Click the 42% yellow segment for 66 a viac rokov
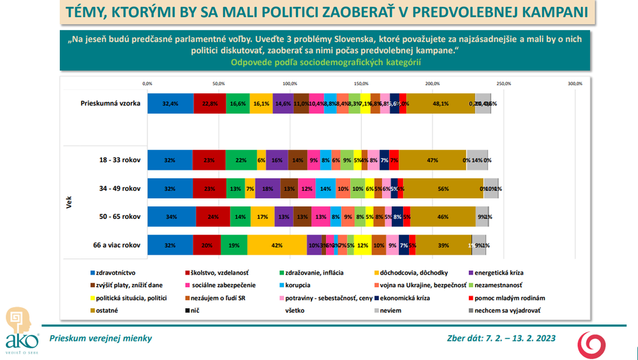click(x=277, y=245)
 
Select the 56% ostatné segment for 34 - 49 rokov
click(x=443, y=189)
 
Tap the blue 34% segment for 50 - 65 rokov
click(x=172, y=217)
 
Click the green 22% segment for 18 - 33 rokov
click(x=241, y=161)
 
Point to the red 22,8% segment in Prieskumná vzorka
click(x=210, y=103)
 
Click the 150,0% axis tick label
click(x=361, y=83)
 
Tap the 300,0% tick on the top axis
click(x=575, y=83)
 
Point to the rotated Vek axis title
click(x=68, y=203)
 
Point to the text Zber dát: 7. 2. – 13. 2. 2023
click(x=500, y=338)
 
